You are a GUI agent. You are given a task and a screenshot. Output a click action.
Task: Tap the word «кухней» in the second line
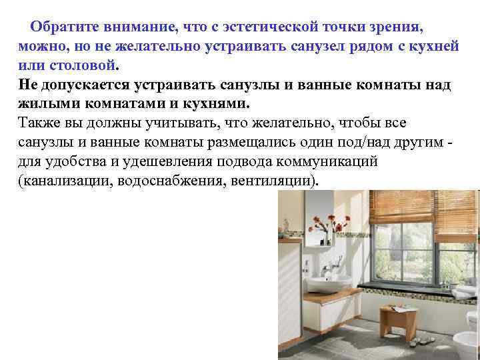click(435, 47)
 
